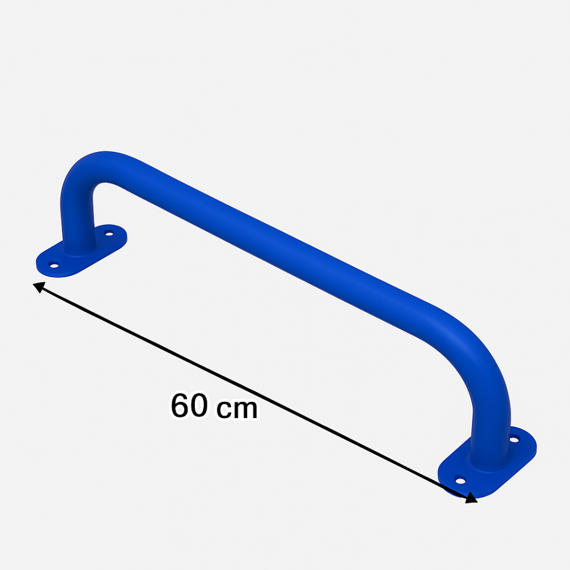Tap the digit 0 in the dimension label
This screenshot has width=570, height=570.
[x=199, y=406]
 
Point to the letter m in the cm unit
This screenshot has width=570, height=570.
[x=246, y=410]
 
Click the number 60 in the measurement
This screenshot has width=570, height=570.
[x=189, y=406]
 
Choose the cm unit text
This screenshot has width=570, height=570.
[x=236, y=410]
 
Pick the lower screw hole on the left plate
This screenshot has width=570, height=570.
[x=54, y=265]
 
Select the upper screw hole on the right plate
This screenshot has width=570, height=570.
[x=514, y=441]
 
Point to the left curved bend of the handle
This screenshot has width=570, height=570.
[x=89, y=169]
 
